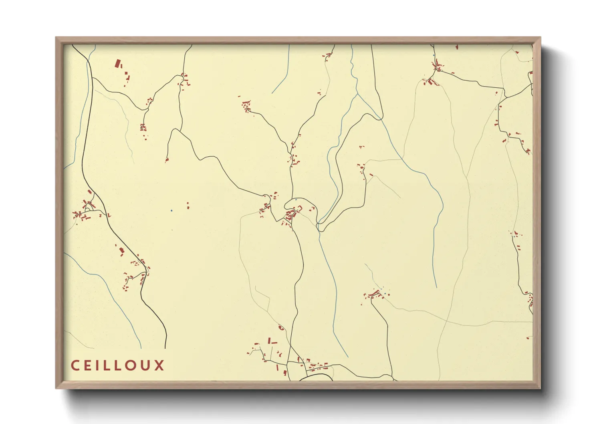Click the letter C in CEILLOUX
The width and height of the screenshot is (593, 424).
(75, 365)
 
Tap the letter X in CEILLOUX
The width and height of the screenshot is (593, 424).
(159, 365)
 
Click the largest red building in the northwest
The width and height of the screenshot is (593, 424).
(118, 64)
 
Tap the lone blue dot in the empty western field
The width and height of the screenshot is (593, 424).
(171, 210)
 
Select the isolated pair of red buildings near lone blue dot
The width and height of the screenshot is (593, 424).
(188, 206)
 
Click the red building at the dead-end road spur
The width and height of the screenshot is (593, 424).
(167, 160)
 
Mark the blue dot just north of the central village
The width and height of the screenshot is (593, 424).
(296, 200)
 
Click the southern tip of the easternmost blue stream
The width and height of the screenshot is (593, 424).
(436, 287)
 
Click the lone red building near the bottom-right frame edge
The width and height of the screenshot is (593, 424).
(528, 338)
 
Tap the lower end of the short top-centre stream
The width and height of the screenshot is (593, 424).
(272, 93)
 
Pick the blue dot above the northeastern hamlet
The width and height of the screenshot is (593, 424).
(434, 55)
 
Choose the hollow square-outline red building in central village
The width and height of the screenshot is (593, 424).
(299, 208)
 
